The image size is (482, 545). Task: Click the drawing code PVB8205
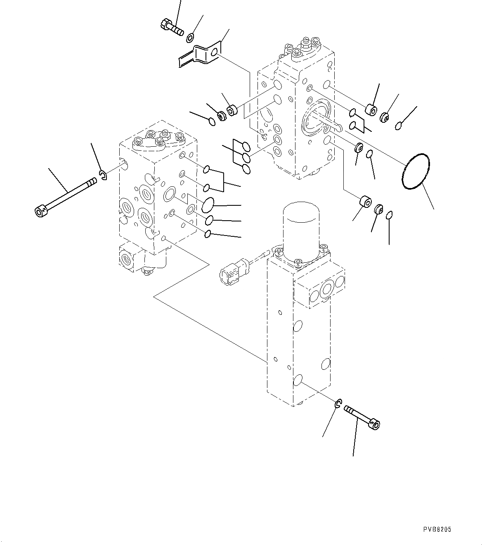437,529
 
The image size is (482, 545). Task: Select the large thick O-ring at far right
416,172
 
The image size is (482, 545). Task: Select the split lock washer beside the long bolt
103,175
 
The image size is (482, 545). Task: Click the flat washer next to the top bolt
190,38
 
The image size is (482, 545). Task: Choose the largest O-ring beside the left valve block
208,204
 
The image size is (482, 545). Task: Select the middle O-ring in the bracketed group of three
246,157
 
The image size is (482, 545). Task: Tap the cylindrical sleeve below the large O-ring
365,203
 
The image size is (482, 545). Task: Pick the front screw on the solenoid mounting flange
298,261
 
